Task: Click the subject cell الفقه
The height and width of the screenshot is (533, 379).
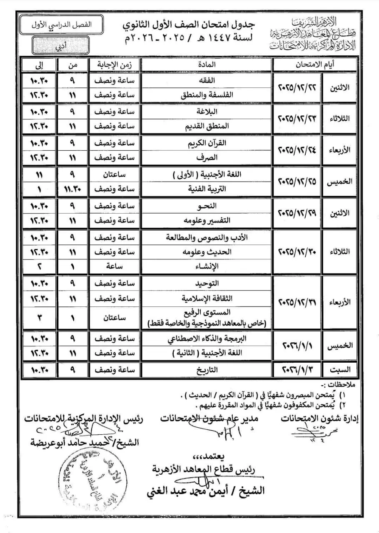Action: [207, 78]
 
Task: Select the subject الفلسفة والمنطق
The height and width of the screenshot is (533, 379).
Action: [207, 95]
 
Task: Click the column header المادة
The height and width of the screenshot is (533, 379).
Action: [207, 64]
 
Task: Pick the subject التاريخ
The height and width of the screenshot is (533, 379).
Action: [207, 369]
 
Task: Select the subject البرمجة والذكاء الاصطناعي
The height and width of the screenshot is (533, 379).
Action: [207, 339]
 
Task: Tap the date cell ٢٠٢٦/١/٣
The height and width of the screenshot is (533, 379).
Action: [297, 369]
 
